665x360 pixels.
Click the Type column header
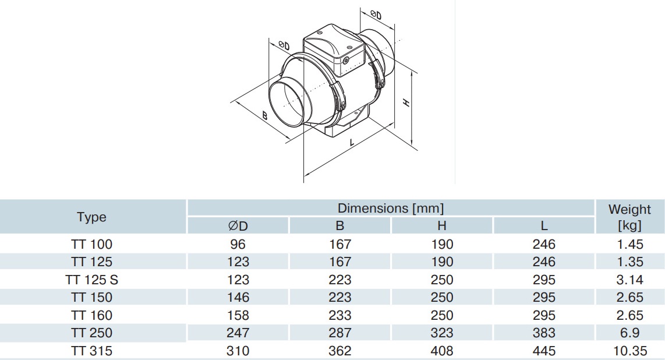pyautogui.click(x=91, y=217)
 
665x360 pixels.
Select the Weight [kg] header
pyautogui.click(x=629, y=217)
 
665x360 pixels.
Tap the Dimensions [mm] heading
pyautogui.click(x=390, y=208)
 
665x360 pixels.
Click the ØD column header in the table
pyautogui.click(x=238, y=225)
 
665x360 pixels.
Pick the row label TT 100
pyautogui.click(x=91, y=244)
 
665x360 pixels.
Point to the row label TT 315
pyautogui.click(x=91, y=351)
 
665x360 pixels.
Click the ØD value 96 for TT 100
pyautogui.click(x=238, y=244)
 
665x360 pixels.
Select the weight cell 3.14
pyautogui.click(x=629, y=280)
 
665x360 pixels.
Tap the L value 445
pyautogui.click(x=544, y=351)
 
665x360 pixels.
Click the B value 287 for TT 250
pyautogui.click(x=340, y=333)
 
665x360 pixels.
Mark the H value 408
pyautogui.click(x=442, y=351)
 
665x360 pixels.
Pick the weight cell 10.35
pyautogui.click(x=629, y=351)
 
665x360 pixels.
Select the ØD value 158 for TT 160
pyautogui.click(x=238, y=315)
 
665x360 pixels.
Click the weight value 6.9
pyautogui.click(x=629, y=333)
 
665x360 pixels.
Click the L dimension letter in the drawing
pyautogui.click(x=353, y=142)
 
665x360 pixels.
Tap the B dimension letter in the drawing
pyautogui.click(x=264, y=115)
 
